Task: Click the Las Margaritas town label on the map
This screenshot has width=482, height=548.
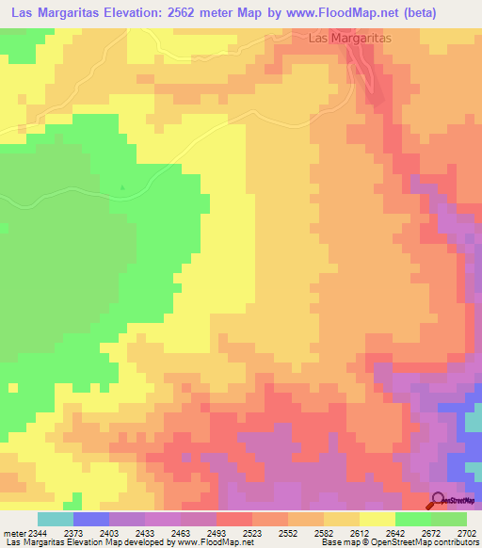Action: (349, 39)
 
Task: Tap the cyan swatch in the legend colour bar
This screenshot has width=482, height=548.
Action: (55, 519)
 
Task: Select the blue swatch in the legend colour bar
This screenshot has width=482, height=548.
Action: (90, 519)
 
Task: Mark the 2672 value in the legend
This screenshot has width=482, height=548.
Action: (428, 533)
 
